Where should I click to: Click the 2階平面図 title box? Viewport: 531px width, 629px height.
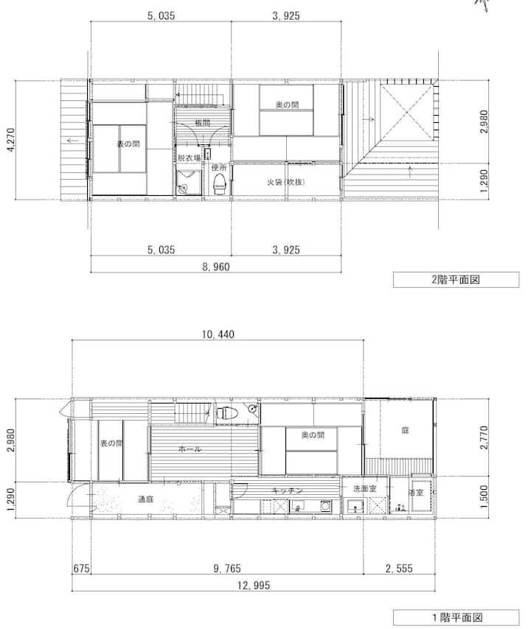pos(456,280)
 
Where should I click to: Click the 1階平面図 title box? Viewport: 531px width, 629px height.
pos(456,617)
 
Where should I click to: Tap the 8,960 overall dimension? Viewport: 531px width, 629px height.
pos(216,267)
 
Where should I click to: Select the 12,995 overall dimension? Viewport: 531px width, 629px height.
pos(254,586)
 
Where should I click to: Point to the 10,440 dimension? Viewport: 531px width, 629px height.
pos(218,334)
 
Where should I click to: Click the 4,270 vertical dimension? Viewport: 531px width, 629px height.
pos(11,140)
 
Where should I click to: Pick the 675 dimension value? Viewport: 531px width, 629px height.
pos(82,569)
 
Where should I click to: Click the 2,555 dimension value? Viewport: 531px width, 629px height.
pos(399,569)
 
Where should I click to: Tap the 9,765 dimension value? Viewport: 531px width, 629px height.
pos(227,569)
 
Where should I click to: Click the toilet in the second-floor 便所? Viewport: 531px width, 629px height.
pos(220,184)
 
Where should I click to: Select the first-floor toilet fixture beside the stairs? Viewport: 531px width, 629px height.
pos(227,412)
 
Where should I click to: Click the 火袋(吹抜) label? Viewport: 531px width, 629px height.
pos(286,182)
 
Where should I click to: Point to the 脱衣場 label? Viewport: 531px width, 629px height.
pos(190,158)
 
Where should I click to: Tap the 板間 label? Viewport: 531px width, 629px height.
pos(202,122)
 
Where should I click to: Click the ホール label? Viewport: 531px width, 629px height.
pos(190,449)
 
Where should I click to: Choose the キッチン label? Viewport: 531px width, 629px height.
pos(287,491)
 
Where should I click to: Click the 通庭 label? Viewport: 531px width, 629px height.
pos(145,499)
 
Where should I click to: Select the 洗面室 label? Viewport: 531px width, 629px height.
pos(365,488)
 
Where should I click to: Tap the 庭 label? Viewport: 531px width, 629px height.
pos(405,430)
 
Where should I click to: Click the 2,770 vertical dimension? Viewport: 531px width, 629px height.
pos(484,438)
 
